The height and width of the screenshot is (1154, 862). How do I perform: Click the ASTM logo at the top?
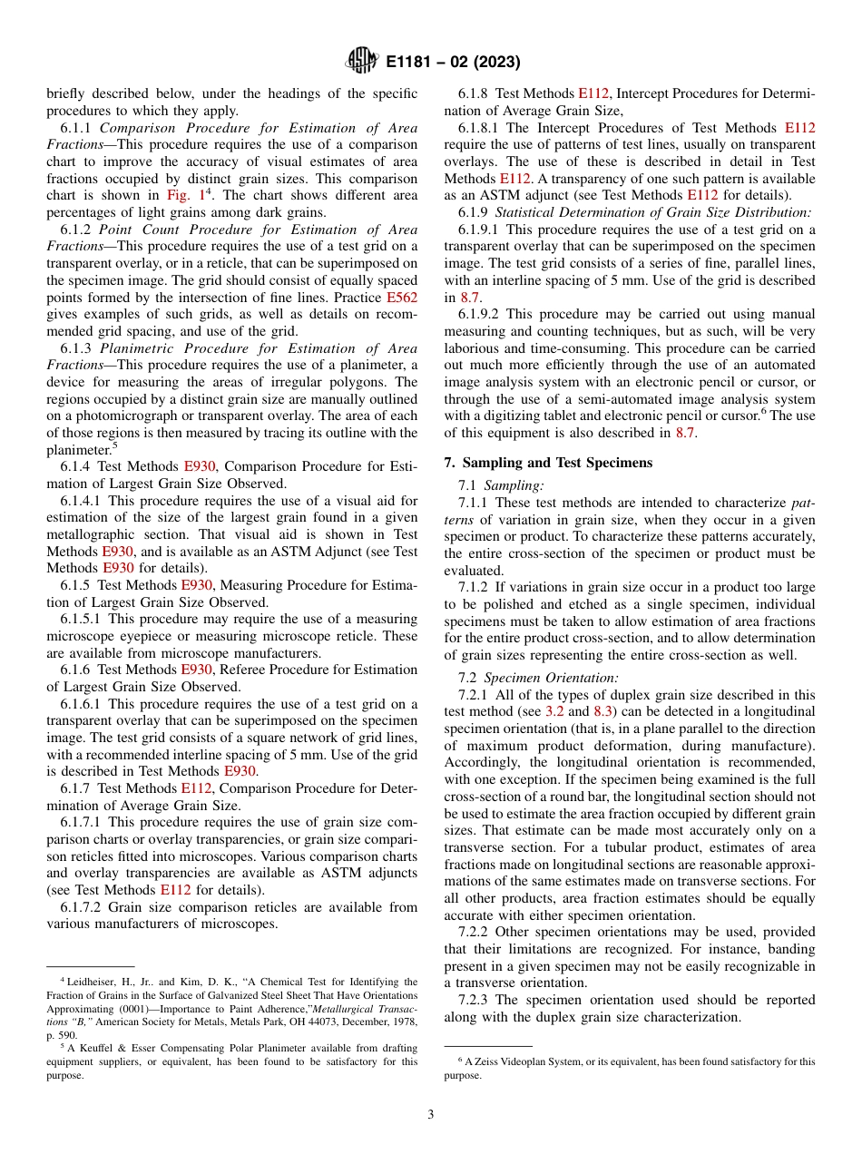pos(362,62)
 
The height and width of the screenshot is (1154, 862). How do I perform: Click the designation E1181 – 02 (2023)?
pos(453,63)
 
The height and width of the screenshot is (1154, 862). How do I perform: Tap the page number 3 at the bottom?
pos(431,1114)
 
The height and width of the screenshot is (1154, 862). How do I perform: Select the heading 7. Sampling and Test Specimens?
pos(548,463)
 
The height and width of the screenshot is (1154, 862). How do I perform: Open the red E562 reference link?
pos(402,297)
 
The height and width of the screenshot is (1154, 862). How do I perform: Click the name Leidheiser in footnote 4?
pos(93,982)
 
